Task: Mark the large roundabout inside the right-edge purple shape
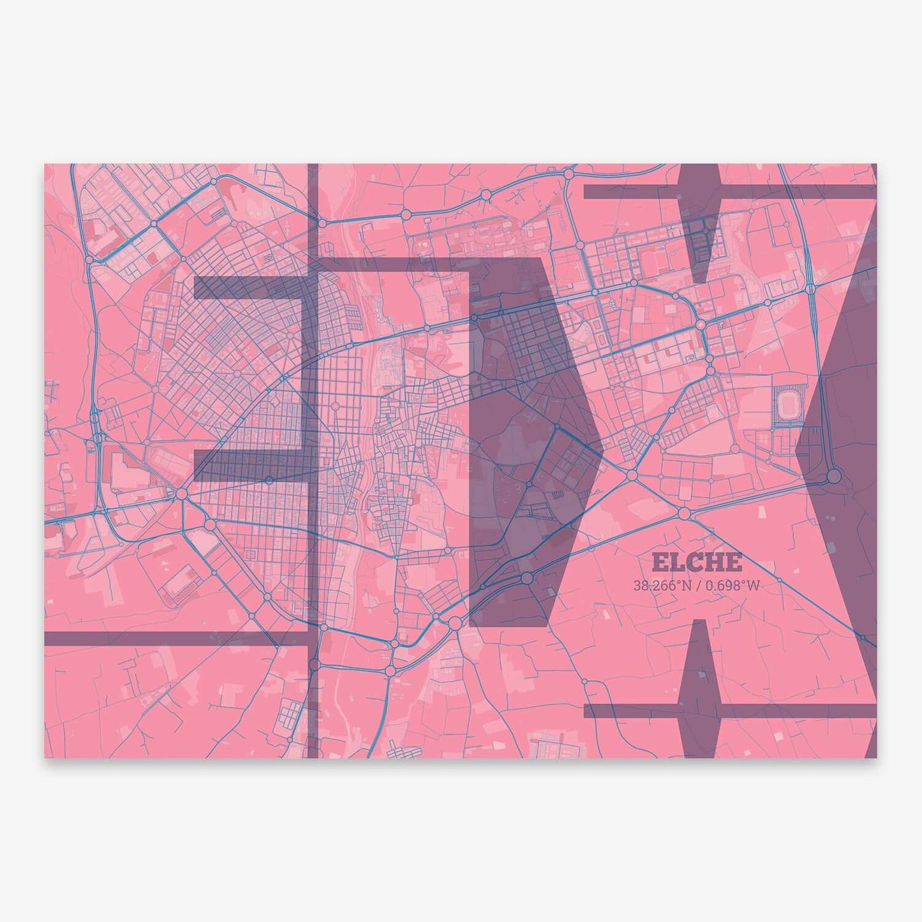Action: coord(833,477)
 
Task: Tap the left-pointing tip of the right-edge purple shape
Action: coord(797,449)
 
